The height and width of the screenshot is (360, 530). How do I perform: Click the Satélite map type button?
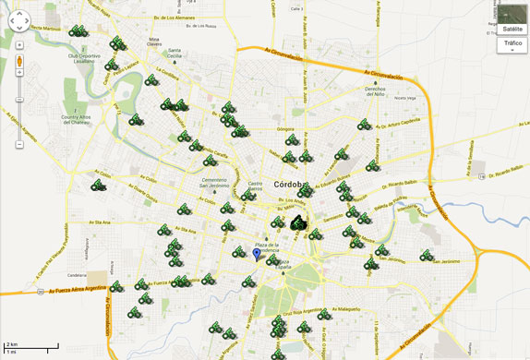tap(510, 29)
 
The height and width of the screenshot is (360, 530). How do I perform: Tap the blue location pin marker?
tap(257, 252)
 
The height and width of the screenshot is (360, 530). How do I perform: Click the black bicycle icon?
tap(297, 222)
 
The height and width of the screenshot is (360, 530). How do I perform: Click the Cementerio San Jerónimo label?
tap(214, 181)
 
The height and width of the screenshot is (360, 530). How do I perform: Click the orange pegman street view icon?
tap(18, 62)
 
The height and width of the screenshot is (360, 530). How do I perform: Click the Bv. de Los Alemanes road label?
tap(175, 18)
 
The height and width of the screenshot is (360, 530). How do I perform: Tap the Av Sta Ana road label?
tap(100, 222)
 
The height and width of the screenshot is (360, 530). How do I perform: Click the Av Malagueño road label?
tap(343, 310)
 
